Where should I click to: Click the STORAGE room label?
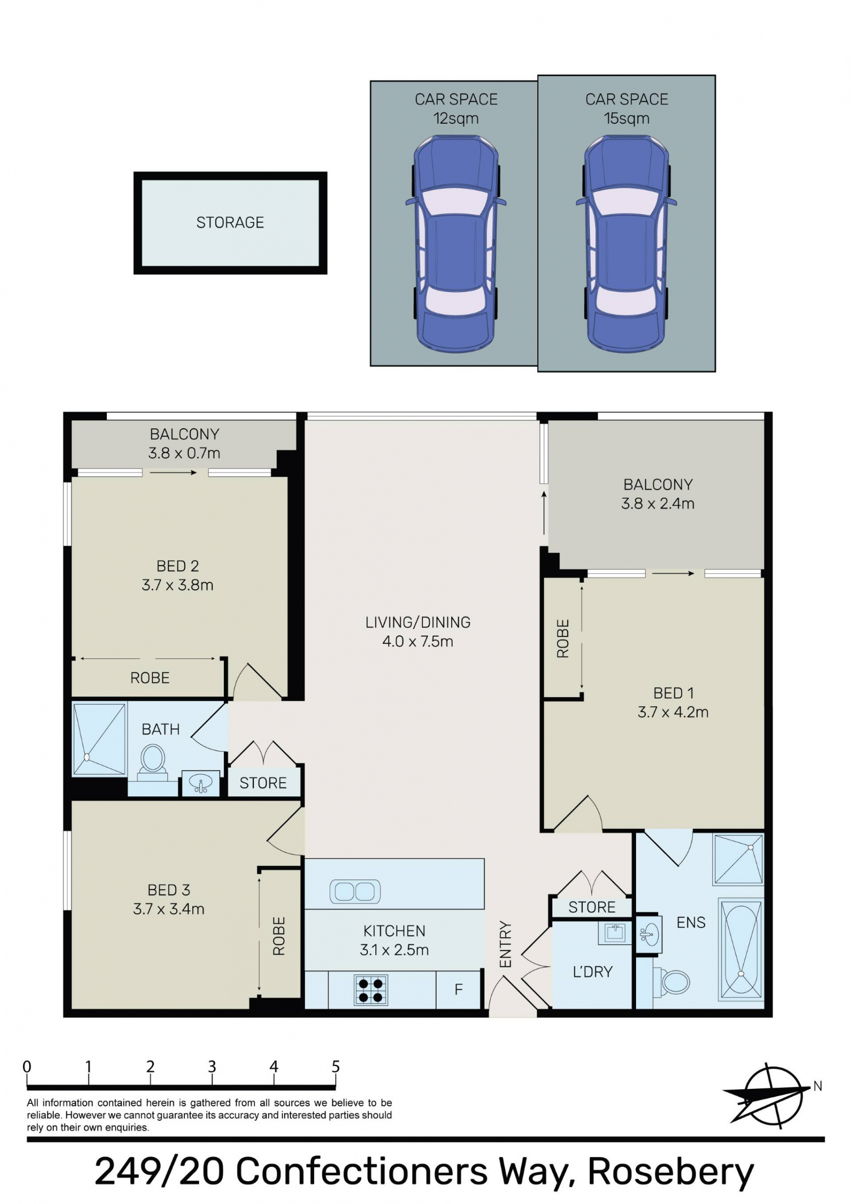pyautogui.click(x=230, y=222)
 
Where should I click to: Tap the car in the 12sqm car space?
pyautogui.click(x=455, y=243)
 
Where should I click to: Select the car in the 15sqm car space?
pyautogui.click(x=626, y=243)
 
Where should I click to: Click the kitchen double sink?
pyautogui.click(x=355, y=891)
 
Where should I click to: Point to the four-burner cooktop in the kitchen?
pyautogui.click(x=371, y=990)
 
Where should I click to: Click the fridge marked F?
pyautogui.click(x=458, y=989)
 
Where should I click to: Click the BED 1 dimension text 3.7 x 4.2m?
pyautogui.click(x=673, y=712)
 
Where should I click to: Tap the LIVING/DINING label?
pyautogui.click(x=418, y=622)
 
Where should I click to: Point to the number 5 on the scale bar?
pyautogui.click(x=335, y=1066)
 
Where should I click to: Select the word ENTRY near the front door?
pyautogui.click(x=505, y=944)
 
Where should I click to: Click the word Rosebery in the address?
pyautogui.click(x=670, y=1172)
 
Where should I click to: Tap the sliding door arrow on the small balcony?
pyautogui.click(x=173, y=473)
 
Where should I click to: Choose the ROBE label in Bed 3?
pyautogui.click(x=278, y=936)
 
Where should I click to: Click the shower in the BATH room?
pyautogui.click(x=99, y=739)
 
